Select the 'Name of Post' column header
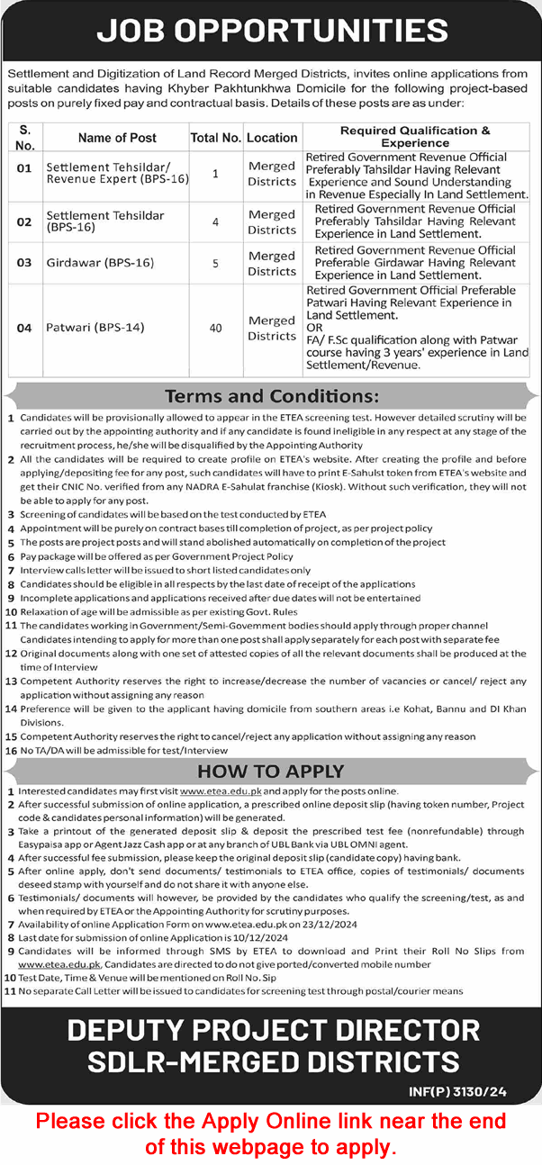(x=117, y=138)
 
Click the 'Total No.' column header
(x=215, y=138)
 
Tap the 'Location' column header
(x=272, y=138)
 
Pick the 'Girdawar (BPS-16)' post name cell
(x=99, y=263)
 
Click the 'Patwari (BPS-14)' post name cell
(x=95, y=328)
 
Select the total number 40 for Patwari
(x=215, y=328)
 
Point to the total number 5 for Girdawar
(x=215, y=263)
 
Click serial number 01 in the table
(x=24, y=168)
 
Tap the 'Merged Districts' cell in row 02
(x=272, y=221)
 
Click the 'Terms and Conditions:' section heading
(x=271, y=396)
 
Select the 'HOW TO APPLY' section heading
(x=271, y=771)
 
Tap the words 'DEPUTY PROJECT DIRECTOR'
(x=273, y=1030)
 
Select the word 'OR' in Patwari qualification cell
(x=314, y=328)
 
